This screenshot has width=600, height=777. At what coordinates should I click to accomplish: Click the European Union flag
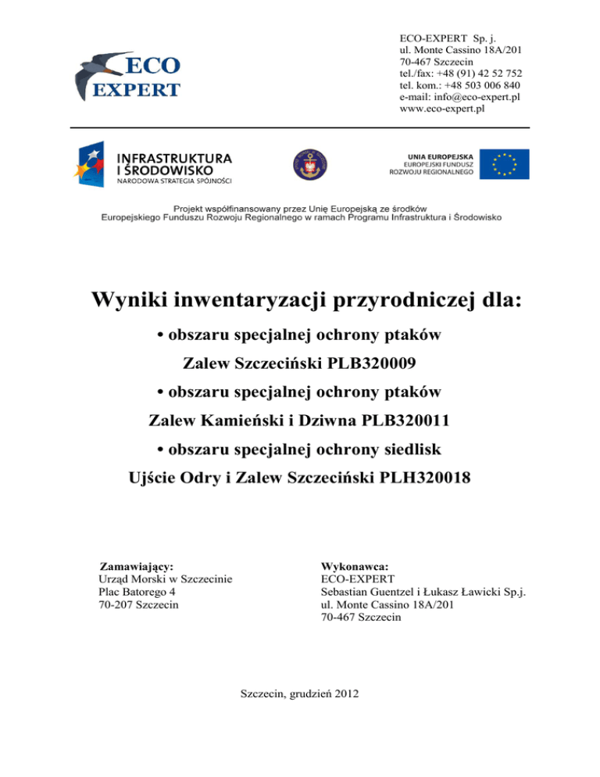pos(504,164)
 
